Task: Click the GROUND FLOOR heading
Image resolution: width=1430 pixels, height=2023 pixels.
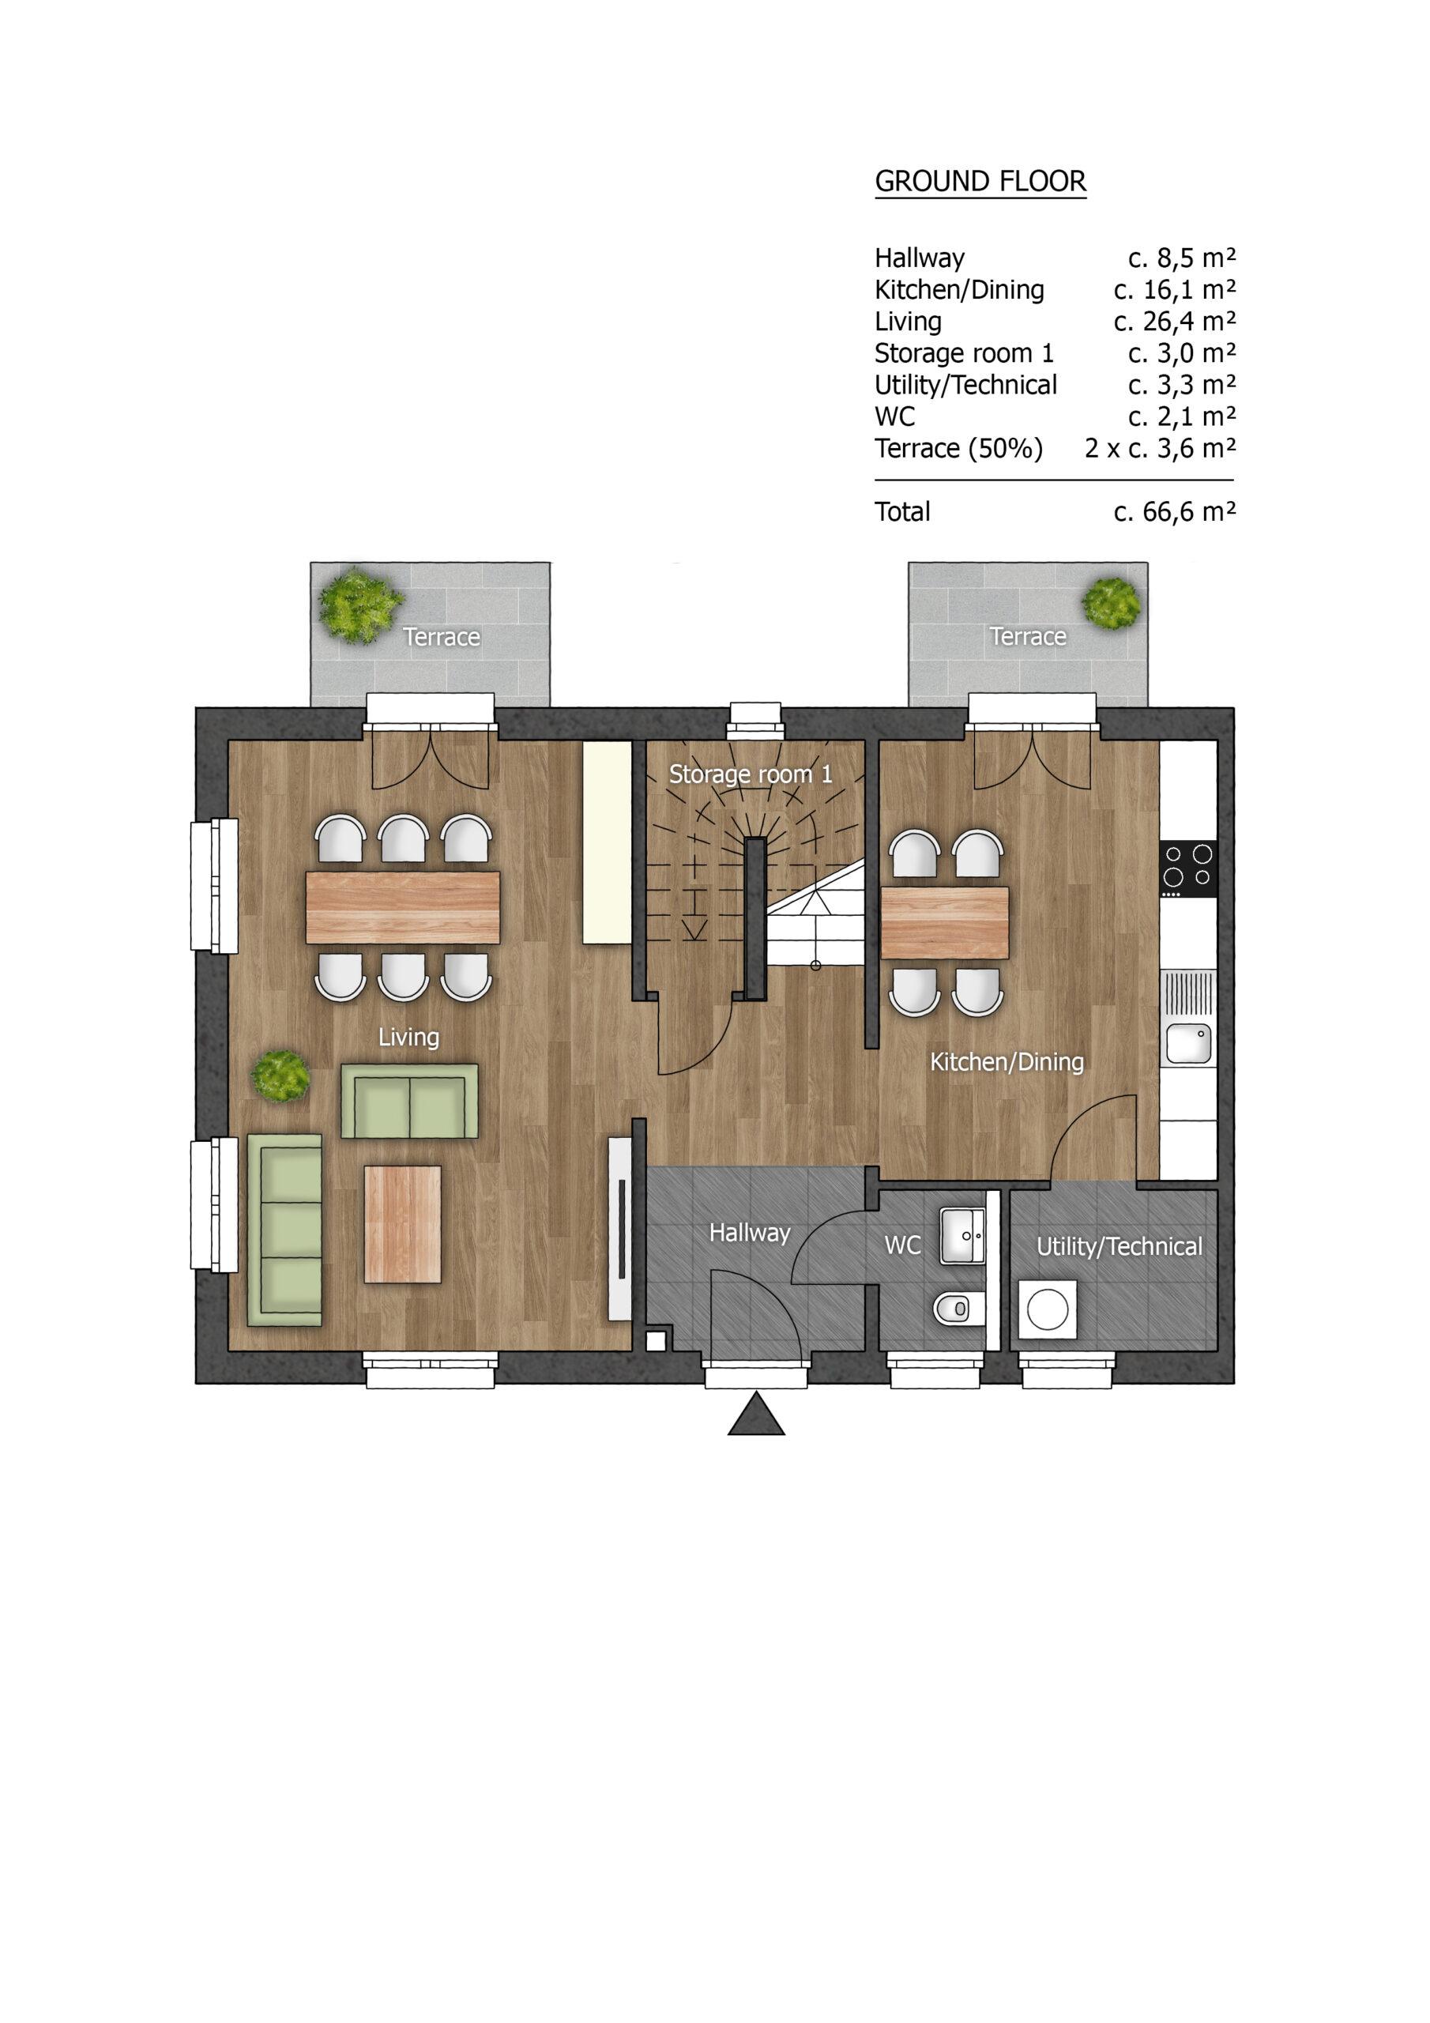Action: pyautogui.click(x=980, y=182)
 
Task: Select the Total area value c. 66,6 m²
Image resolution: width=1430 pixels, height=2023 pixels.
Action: pyautogui.click(x=1175, y=511)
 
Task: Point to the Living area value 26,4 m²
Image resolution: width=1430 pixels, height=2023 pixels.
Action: pyautogui.click(x=1175, y=322)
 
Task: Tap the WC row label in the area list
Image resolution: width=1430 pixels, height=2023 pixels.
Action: pyautogui.click(x=894, y=416)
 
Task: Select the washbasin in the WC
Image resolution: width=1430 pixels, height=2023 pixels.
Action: pyautogui.click(x=962, y=1236)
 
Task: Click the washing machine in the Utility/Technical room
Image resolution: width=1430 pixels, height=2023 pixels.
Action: pyautogui.click(x=1048, y=1309)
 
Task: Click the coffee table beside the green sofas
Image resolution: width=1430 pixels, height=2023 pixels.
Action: pyautogui.click(x=403, y=1224)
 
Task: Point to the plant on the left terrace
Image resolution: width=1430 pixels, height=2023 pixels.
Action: pyautogui.click(x=360, y=605)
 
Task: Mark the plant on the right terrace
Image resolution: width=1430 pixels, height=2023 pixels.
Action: pyautogui.click(x=1112, y=604)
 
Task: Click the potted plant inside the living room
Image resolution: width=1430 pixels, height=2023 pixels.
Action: pyautogui.click(x=280, y=1075)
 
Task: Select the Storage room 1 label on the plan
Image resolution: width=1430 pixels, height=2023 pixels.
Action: pyautogui.click(x=751, y=774)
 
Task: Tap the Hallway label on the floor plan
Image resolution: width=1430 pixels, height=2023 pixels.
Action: pyautogui.click(x=750, y=1233)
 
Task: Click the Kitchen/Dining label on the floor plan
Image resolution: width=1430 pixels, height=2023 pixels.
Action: pyautogui.click(x=1007, y=1062)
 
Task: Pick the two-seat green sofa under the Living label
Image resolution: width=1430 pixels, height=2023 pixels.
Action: pyautogui.click(x=410, y=1102)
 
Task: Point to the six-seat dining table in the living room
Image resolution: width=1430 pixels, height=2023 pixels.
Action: pyautogui.click(x=403, y=907)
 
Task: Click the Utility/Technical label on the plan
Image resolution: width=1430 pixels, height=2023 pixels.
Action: pyautogui.click(x=1119, y=1247)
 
